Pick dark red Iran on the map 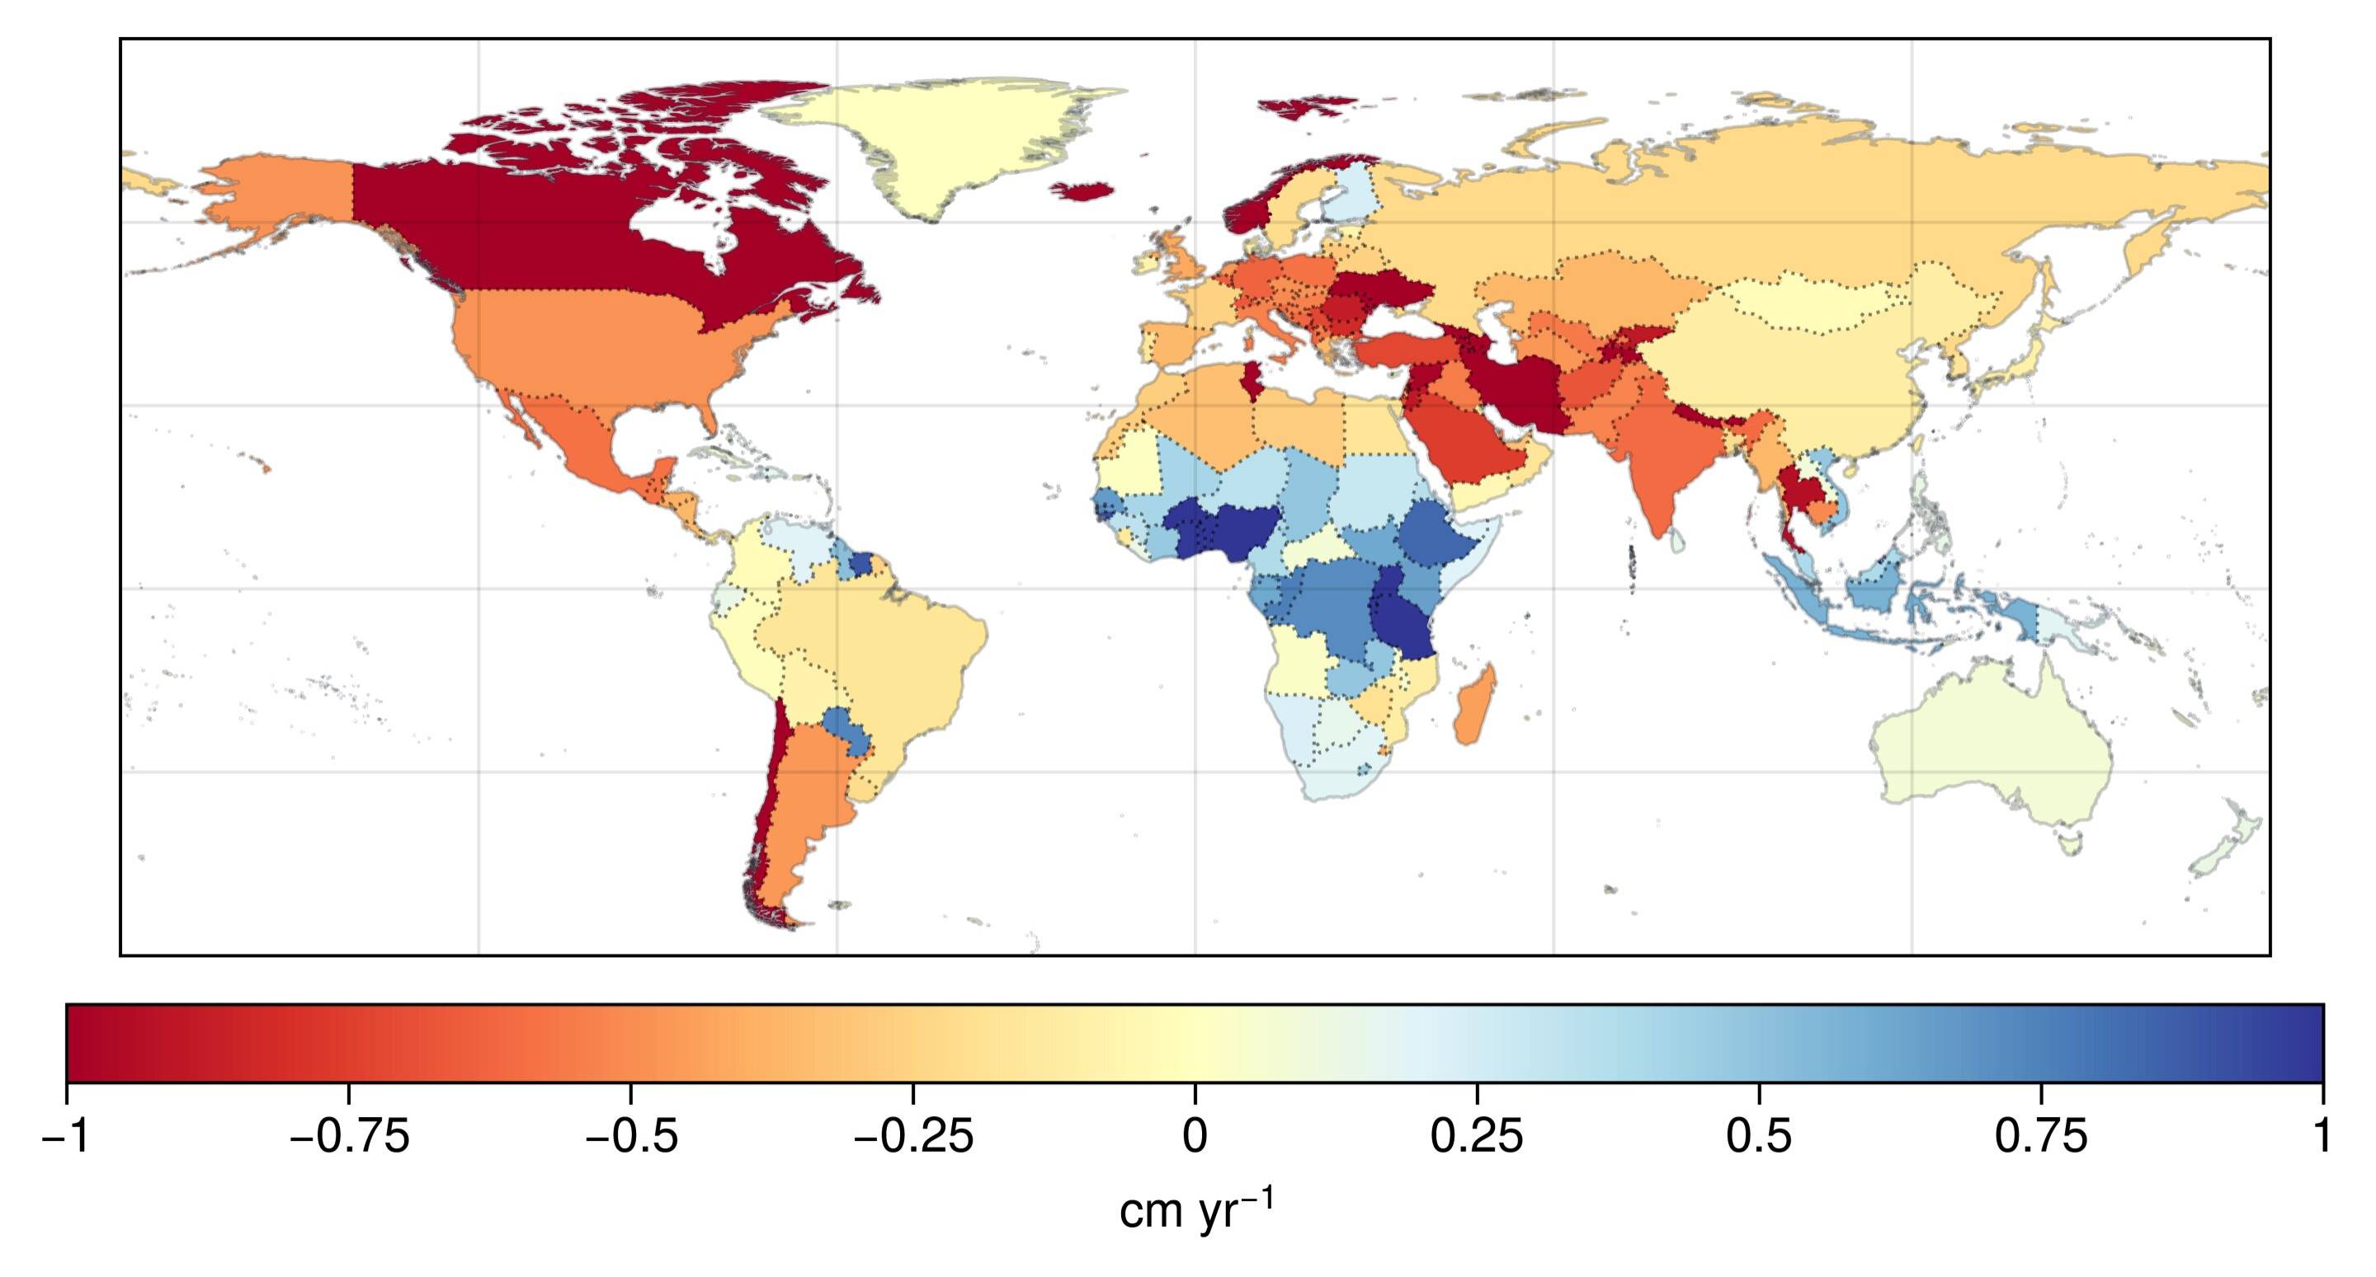tap(1522, 387)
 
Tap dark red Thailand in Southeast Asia tap(1794, 493)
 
